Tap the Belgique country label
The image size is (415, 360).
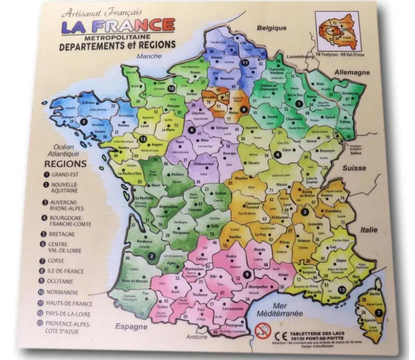tap(271, 28)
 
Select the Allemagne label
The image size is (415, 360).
tap(352, 73)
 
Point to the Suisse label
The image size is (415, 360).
tap(354, 168)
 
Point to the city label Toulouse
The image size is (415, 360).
tap(199, 295)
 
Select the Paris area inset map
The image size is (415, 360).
tap(336, 31)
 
